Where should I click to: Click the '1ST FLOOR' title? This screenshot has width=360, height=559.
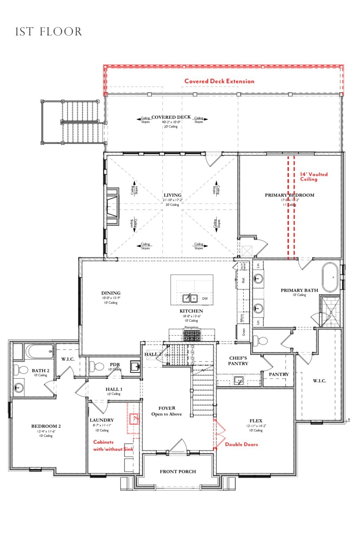pyautogui.click(x=48, y=32)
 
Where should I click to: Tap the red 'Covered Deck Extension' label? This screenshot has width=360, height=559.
pyautogui.click(x=219, y=81)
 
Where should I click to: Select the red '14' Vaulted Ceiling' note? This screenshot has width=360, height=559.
pyautogui.click(x=314, y=177)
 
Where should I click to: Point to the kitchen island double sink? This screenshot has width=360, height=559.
pyautogui.click(x=190, y=298)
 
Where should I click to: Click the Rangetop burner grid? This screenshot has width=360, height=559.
pyautogui.click(x=192, y=335)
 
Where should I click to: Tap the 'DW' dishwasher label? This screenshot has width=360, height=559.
pyautogui.click(x=205, y=298)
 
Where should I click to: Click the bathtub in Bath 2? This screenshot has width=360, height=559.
pyautogui.click(x=39, y=351)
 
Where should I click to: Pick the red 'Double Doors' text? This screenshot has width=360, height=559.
pyautogui.click(x=241, y=444)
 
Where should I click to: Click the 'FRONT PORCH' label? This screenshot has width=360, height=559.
pyautogui.click(x=178, y=471)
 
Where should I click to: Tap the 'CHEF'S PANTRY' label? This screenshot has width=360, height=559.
pyautogui.click(x=238, y=360)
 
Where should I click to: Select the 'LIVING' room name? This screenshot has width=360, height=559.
pyautogui.click(x=172, y=195)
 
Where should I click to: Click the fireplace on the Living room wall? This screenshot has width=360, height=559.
pyautogui.click(x=113, y=206)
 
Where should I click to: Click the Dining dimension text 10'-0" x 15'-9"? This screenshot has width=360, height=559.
pyautogui.click(x=111, y=298)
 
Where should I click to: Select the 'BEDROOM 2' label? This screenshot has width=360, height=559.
pyautogui.click(x=46, y=426)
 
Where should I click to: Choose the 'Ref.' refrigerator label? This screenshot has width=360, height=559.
pyautogui.click(x=243, y=280)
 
